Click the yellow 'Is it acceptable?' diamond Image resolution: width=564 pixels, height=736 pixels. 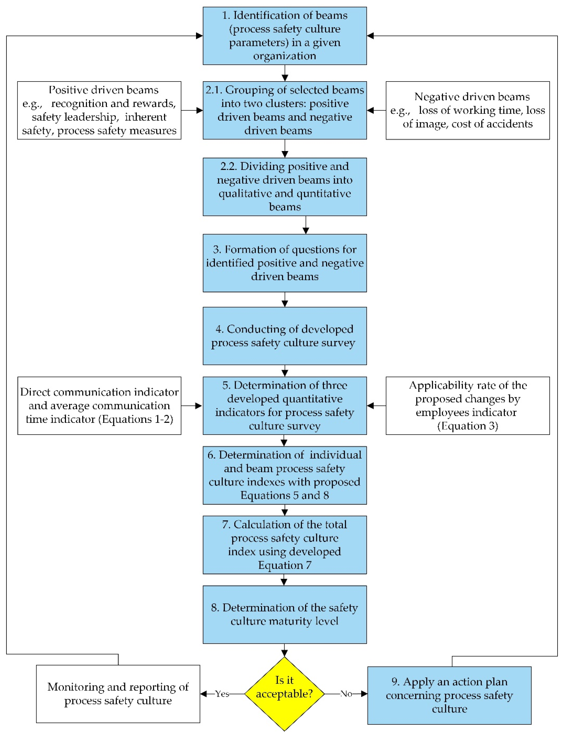[x=284, y=694]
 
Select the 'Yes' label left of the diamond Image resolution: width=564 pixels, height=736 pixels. [x=222, y=694]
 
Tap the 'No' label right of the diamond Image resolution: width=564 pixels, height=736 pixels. [x=346, y=694]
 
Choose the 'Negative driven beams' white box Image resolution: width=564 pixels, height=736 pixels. [x=468, y=110]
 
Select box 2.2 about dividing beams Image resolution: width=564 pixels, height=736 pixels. [x=285, y=187]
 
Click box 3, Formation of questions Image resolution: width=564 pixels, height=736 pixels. [x=285, y=263]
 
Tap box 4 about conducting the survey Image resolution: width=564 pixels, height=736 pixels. [x=285, y=336]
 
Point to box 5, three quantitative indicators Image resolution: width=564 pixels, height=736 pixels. [x=285, y=406]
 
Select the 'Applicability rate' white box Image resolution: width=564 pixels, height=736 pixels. [x=468, y=406]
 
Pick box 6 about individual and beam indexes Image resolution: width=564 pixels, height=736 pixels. [x=285, y=475]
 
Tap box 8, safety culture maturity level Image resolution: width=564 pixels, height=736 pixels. [x=285, y=614]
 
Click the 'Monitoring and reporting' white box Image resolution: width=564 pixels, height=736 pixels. [x=118, y=694]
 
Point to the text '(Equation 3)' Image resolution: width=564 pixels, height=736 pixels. [x=468, y=426]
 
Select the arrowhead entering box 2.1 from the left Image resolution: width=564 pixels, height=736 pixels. [x=199, y=110]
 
